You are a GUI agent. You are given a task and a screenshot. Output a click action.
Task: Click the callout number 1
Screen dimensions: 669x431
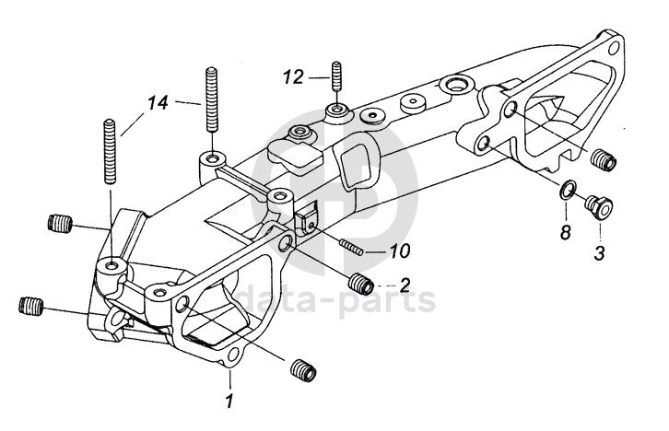pyautogui.click(x=229, y=400)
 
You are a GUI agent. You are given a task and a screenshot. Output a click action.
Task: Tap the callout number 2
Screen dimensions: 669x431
pyautogui.click(x=405, y=285)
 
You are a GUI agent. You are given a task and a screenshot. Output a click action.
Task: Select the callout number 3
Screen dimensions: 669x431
pyautogui.click(x=600, y=253)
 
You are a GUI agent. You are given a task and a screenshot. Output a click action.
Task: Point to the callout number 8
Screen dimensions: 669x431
pyautogui.click(x=565, y=232)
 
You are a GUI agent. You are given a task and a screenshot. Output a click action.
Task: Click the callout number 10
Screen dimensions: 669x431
pyautogui.click(x=399, y=250)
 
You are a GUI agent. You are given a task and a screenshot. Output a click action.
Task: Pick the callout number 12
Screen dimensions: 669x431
pyautogui.click(x=293, y=77)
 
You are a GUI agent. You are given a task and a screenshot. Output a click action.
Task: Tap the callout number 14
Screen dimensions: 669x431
pyautogui.click(x=158, y=103)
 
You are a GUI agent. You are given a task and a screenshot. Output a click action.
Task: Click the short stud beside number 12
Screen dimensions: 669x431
pyautogui.click(x=336, y=76)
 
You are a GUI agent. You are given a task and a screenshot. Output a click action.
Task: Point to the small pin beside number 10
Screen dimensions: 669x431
pyautogui.click(x=351, y=248)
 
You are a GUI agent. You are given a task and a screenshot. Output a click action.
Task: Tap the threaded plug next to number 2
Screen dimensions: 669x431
pyautogui.click(x=361, y=284)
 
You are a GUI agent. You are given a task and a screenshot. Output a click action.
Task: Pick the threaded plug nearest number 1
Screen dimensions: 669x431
pyautogui.click(x=303, y=370)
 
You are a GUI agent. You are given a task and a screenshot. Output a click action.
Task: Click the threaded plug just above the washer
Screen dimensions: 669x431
pyautogui.click(x=604, y=160)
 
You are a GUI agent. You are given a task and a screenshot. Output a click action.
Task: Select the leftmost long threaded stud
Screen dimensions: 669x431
pyautogui.click(x=110, y=151)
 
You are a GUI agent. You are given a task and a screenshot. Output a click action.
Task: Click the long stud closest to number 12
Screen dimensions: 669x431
pyautogui.click(x=212, y=99)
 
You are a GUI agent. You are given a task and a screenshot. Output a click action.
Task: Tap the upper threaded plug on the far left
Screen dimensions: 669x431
pyautogui.click(x=60, y=223)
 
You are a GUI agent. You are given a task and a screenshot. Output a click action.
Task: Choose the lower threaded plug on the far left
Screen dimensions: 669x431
pyautogui.click(x=31, y=306)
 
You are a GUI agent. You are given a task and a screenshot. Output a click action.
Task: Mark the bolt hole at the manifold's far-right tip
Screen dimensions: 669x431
pyautogui.click(x=614, y=47)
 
